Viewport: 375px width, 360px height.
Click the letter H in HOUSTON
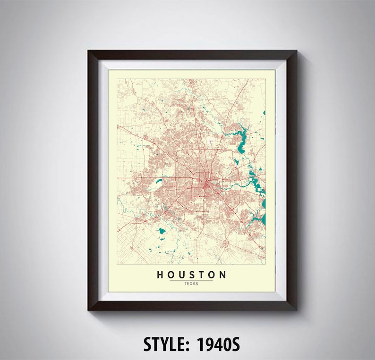coord(160,275)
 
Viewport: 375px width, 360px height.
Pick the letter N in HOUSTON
coord(223,275)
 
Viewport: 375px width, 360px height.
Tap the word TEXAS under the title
coord(192,284)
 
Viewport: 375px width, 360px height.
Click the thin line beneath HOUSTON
coord(192,280)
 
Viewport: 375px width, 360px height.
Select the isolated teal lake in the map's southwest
coord(162,232)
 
